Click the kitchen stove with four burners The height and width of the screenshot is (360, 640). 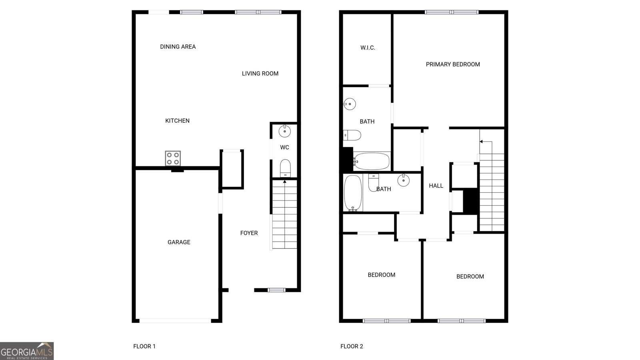tap(173, 158)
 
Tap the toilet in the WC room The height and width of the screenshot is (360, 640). tap(285, 168)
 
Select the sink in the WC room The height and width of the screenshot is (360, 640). tap(285, 131)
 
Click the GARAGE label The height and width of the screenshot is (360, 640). tap(179, 242)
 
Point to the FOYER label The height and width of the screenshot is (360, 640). tap(249, 233)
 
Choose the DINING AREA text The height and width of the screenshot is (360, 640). tap(178, 47)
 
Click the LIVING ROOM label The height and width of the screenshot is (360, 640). tap(260, 74)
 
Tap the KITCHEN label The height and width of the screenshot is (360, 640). tap(177, 121)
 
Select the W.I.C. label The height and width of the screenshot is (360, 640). tap(368, 48)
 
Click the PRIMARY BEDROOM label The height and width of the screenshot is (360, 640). tap(453, 64)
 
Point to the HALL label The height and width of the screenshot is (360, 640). tap(436, 186)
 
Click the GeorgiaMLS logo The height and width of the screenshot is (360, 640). tap(27, 351)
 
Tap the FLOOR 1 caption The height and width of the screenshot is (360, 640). tap(144, 346)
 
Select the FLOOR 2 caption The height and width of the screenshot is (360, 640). tap(352, 346)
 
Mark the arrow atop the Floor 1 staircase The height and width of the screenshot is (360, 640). tap(285, 182)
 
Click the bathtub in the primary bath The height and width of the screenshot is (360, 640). tap(371, 161)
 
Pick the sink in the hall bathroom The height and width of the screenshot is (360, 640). tap(403, 180)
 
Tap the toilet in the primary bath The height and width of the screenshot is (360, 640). tap(352, 135)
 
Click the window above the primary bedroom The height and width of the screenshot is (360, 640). tap(452, 12)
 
